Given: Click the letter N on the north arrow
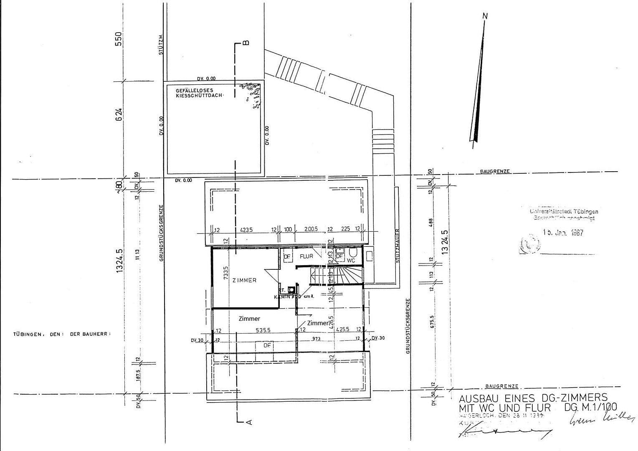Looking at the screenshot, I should click(x=485, y=16).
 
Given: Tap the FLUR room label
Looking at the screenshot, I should click(x=306, y=256).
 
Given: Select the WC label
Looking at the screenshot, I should click(x=351, y=260).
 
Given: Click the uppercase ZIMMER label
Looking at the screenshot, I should click(x=244, y=280).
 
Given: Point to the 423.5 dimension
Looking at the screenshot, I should click(x=247, y=230).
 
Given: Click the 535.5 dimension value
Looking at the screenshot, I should click(x=263, y=330).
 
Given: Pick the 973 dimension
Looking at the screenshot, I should click(x=316, y=339).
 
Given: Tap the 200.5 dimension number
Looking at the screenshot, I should click(x=311, y=230).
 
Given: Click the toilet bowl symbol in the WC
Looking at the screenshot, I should click(x=353, y=253).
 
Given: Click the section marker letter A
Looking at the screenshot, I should click(x=249, y=422).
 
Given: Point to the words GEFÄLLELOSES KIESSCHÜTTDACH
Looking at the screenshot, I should click(x=200, y=93).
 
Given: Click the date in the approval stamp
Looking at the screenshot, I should click(x=563, y=233).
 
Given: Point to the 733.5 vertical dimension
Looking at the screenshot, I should click(x=226, y=274).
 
